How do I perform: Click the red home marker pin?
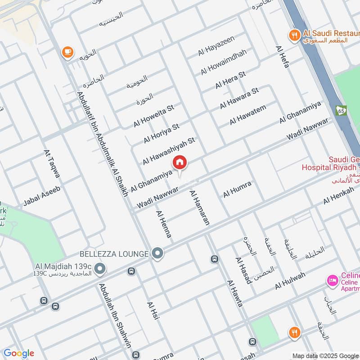(180, 162)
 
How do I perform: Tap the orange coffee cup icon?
(67, 53)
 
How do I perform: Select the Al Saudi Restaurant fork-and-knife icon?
(295, 35)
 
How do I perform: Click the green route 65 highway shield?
(341, 110)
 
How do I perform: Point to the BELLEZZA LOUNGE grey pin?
(157, 254)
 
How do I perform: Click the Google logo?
(18, 353)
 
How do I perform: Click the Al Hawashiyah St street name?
(168, 151)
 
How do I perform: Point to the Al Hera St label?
(230, 80)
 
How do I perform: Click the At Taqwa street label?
(52, 164)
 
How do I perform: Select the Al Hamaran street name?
(200, 207)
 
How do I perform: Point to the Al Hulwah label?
(290, 280)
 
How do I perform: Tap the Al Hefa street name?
(283, 57)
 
